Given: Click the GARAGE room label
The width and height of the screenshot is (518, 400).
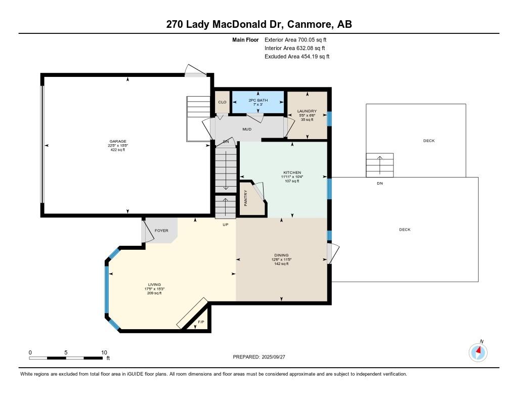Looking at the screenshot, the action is pos(117,142).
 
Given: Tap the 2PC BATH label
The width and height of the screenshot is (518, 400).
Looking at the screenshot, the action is pos(258,100).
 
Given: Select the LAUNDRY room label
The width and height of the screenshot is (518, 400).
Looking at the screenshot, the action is pos(307,111).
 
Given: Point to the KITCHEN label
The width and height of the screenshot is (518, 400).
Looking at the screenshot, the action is pos(292,172).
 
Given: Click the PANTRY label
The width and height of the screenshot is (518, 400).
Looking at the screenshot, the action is pos(245,198).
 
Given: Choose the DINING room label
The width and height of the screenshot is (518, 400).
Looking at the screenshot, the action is pos(281,255).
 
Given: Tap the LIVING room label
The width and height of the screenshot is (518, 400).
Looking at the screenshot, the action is pos(154,284).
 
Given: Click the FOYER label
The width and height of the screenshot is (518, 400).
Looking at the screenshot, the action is pos(161,231).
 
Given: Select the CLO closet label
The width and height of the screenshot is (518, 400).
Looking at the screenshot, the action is pos(223,102).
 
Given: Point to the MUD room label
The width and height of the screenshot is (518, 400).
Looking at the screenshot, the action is pos(247,129).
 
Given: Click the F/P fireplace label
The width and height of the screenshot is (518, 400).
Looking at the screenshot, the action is pos(201,322).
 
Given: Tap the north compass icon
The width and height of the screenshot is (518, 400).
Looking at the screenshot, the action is pos(478,352).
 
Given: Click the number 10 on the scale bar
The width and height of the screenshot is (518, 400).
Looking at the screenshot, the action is pos(104,352).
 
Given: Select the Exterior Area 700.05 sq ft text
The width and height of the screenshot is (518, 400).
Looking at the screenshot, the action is pos(295,39).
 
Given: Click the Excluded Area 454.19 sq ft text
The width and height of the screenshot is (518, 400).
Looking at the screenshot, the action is pos(297,57).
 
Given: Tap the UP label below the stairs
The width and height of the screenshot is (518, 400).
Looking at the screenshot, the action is pos(225,225).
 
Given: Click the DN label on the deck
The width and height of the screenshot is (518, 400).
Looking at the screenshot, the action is pos(380,184).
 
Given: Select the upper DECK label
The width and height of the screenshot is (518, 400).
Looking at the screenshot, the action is pos(429,141).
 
